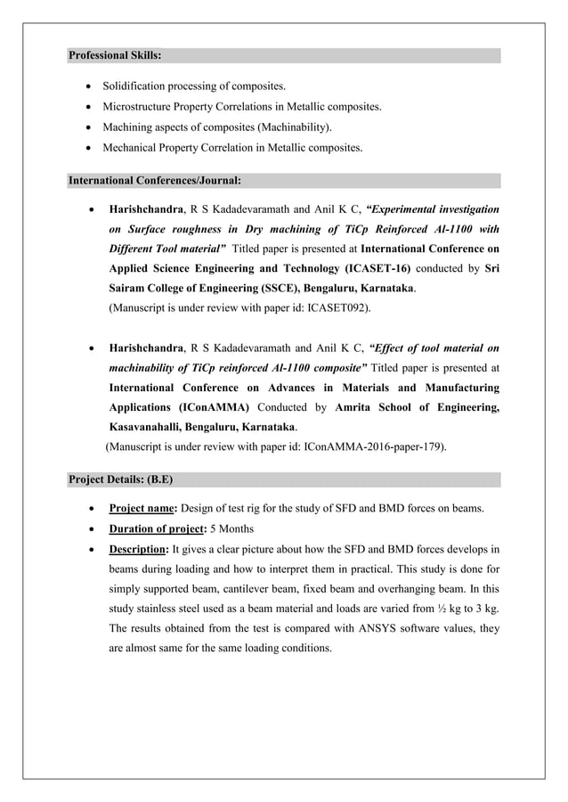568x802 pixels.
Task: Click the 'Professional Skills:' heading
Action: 115,55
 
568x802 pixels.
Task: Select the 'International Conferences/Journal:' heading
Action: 155,180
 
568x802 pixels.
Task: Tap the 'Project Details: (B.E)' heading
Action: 121,479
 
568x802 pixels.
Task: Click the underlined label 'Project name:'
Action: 142,509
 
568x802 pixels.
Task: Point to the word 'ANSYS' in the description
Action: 346,629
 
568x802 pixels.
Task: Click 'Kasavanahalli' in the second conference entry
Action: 147,427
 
